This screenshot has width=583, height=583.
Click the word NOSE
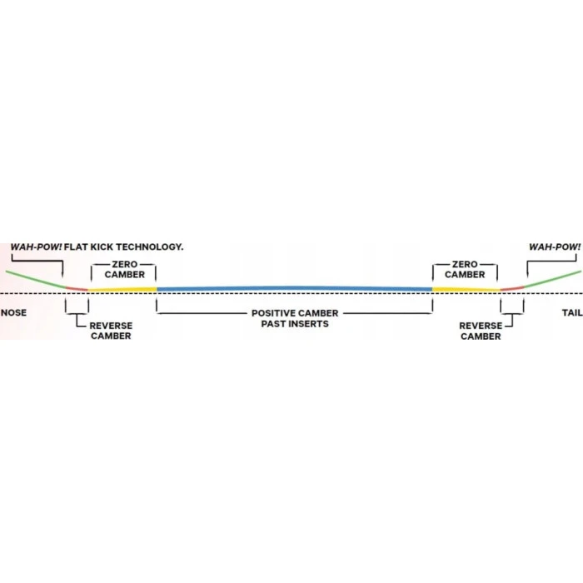click(14, 313)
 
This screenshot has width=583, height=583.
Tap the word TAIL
click(570, 313)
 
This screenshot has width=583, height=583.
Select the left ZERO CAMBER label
click(125, 269)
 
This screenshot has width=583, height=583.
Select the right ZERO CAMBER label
click(465, 269)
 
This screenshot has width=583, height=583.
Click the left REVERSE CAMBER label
click(110, 331)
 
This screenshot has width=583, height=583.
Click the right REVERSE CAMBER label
click(481, 331)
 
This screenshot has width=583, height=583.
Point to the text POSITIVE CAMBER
click(295, 313)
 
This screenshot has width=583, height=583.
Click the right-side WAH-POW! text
click(555, 247)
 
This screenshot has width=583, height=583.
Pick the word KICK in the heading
click(98, 247)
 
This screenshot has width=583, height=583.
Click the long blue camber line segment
click(293, 288)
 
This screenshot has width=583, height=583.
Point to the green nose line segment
click(33, 279)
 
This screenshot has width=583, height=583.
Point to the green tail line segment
click(551, 279)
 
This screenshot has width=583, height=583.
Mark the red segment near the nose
click(76, 288)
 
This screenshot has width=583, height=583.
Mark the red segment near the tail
click(511, 288)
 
